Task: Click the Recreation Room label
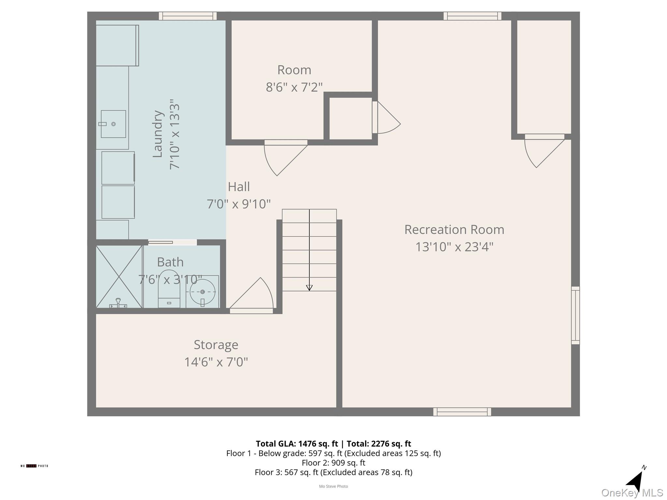click(x=454, y=230)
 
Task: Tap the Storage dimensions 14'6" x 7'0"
click(x=216, y=362)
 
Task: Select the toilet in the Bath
click(x=169, y=289)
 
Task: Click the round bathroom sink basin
click(x=203, y=292)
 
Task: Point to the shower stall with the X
click(x=119, y=277)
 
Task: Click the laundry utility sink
click(x=113, y=124)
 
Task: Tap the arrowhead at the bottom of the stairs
click(x=309, y=288)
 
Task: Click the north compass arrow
click(x=635, y=481)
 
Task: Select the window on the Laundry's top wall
click(x=188, y=16)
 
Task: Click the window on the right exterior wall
click(x=575, y=315)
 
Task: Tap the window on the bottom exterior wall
click(x=462, y=412)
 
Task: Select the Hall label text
click(x=239, y=187)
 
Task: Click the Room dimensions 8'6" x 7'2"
click(x=294, y=87)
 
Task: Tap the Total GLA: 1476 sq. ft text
click(x=297, y=444)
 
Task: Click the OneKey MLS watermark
click(x=632, y=493)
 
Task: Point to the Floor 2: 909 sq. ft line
click(x=333, y=463)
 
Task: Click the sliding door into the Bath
click(x=161, y=242)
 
